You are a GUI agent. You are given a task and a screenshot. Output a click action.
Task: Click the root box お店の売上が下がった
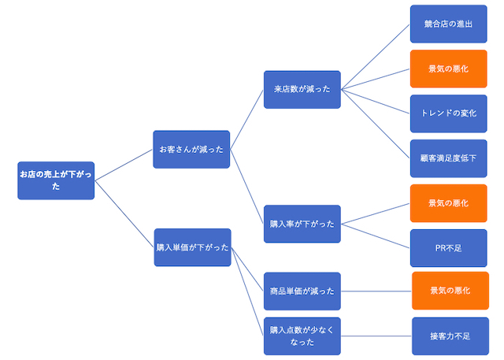point(56,180)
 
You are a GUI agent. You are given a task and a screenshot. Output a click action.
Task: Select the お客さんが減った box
point(191,149)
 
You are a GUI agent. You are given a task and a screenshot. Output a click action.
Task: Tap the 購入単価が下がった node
point(192,247)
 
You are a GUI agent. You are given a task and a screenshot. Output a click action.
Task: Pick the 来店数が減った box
point(302,89)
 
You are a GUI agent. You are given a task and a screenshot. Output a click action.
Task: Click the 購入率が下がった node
point(302,224)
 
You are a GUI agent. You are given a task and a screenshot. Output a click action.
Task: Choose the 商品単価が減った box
point(302,291)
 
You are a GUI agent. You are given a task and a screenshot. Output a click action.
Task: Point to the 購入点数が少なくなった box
point(302,336)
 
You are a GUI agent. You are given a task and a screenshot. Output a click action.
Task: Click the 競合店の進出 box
point(448,24)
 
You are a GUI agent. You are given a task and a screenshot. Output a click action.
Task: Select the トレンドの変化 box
point(448,113)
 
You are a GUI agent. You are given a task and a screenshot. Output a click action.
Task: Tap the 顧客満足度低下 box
point(448,158)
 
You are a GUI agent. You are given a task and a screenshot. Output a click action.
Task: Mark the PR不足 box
point(448,248)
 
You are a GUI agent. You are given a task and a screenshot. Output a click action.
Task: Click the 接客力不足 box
point(450,336)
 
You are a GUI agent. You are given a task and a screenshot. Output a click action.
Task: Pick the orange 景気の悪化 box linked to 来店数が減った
point(448,69)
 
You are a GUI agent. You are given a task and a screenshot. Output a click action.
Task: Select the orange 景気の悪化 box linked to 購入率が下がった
point(448,203)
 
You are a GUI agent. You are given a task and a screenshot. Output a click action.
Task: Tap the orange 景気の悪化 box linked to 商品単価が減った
point(450,291)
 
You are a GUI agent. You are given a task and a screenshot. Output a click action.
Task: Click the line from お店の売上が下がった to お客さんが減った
point(124,165)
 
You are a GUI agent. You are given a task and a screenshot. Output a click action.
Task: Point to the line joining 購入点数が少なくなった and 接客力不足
point(376,336)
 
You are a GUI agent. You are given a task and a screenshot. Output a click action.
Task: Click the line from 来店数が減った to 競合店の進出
point(375,57)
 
